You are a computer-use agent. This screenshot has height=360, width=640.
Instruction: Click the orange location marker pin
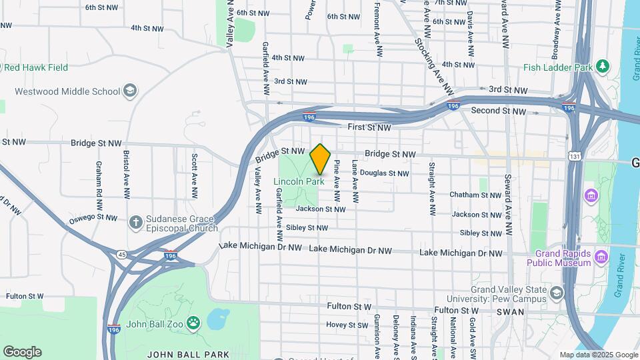321,158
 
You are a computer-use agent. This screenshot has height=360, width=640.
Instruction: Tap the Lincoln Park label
299,181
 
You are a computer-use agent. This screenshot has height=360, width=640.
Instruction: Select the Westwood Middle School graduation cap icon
130,91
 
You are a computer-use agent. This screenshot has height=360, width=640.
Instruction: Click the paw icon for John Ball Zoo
193,323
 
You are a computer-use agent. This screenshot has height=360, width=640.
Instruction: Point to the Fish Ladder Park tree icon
603,67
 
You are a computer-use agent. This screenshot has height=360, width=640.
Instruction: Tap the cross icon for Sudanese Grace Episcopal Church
135,221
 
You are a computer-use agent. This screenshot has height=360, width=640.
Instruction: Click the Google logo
22,352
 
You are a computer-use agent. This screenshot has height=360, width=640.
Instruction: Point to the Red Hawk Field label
36,67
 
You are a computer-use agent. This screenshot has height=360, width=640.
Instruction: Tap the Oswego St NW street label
93,219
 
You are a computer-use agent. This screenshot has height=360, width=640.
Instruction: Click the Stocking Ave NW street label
434,65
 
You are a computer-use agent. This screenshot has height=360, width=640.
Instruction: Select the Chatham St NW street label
475,195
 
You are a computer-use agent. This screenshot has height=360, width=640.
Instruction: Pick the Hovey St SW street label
347,325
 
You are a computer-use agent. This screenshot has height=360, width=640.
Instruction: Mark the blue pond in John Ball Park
217,319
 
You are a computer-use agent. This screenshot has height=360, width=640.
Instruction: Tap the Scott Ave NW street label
194,177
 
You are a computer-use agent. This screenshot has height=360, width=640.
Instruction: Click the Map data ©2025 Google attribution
599,355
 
